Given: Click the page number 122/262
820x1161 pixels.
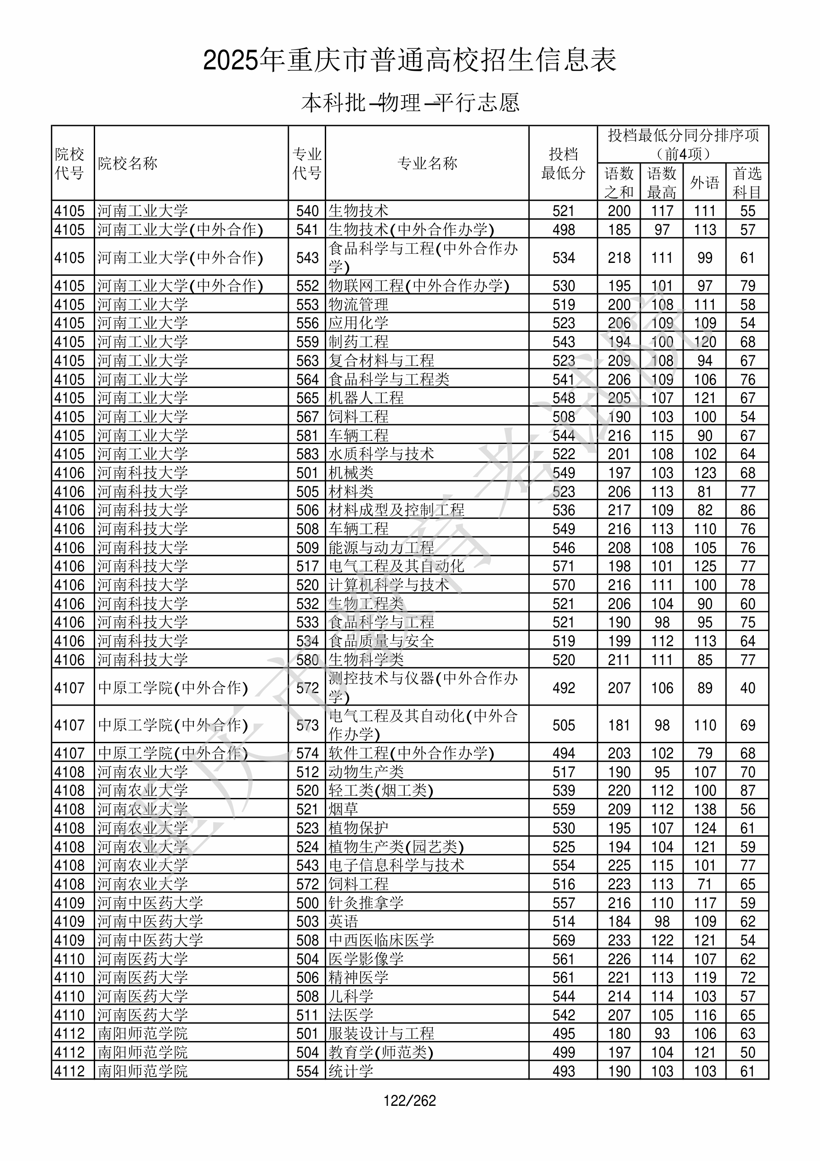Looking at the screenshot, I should point(409,1100).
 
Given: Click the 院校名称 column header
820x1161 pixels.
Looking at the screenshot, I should point(127,163).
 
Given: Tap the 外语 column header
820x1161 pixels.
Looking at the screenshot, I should point(704,182).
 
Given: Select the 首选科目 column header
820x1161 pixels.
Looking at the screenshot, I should point(747,182).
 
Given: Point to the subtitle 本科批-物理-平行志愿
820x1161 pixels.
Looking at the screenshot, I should point(410,102).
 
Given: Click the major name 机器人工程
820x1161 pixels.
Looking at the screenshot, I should point(366,398).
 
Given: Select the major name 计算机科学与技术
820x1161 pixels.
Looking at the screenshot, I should point(388,585).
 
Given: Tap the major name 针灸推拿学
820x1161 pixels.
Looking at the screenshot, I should point(366,903).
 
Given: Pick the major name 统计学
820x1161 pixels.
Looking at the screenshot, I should point(351,1071).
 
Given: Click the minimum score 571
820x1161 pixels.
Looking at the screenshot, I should point(563,566).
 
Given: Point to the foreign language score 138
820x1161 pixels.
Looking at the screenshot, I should point(705,809).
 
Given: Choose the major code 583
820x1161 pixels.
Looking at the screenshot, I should point(307,454).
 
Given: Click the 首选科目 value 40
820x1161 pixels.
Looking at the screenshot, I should point(747,688).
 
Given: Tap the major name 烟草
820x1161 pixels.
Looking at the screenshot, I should point(343,809).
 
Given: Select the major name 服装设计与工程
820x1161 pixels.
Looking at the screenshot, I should point(381,1034).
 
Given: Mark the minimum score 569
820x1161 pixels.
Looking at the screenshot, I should point(563,940).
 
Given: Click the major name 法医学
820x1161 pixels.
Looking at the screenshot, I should point(351,1015).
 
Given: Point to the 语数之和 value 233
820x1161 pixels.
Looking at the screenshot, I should point(619,940).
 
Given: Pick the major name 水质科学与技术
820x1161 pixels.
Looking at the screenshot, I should point(381,454).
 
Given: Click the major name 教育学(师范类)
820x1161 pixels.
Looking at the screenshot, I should point(381,1052).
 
